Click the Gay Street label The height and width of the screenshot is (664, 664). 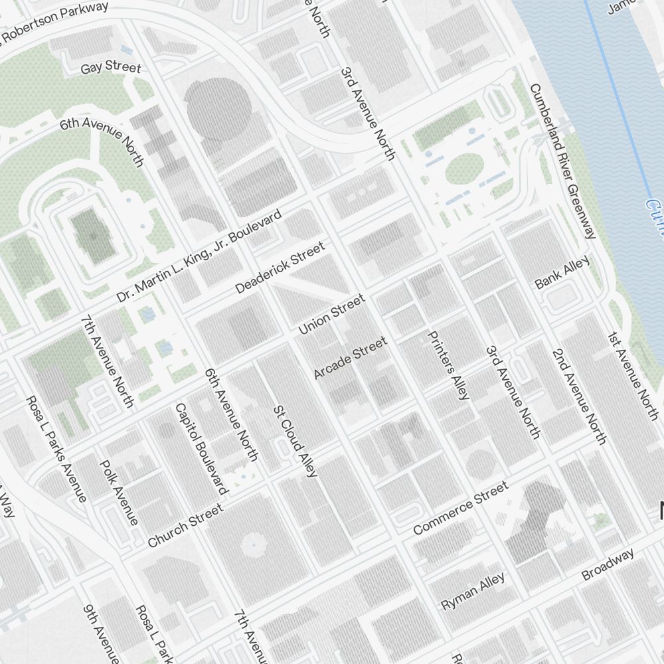(111, 68)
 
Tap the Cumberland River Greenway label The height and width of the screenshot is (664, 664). (563, 161)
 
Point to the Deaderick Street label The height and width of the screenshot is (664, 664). (280, 268)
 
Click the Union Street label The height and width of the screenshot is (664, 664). (331, 315)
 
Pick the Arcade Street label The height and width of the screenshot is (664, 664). (350, 359)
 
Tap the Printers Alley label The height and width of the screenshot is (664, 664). (449, 365)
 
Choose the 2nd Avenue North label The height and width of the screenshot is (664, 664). (578, 396)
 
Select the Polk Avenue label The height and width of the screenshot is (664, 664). (119, 492)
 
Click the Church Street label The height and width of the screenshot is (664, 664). (185, 526)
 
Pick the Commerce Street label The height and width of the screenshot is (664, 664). (460, 508)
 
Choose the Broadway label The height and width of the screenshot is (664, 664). (608, 564)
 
